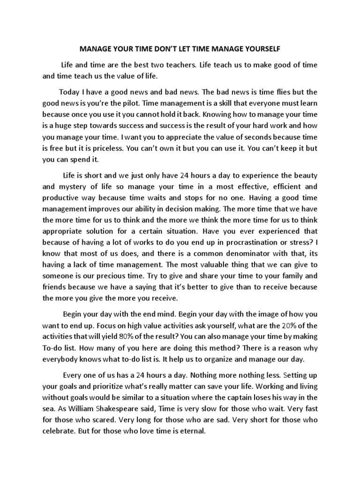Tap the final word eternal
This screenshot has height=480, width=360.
(191, 430)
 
